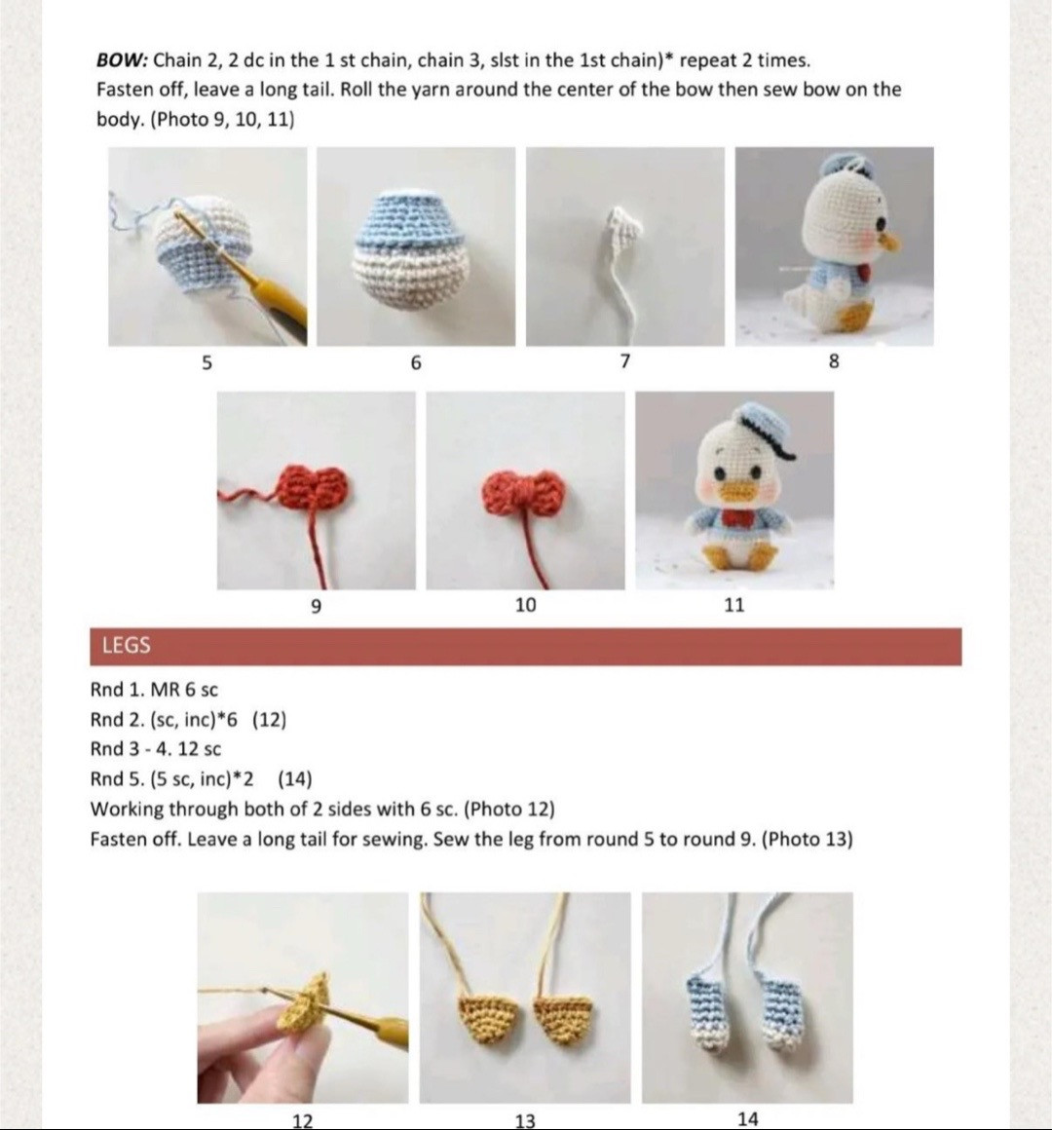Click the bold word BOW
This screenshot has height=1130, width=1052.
coord(121,60)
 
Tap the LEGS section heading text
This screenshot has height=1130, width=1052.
coord(126,646)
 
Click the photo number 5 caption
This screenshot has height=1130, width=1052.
coord(206,362)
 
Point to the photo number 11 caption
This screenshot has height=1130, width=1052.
coord(734,605)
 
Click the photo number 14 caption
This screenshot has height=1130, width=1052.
coord(747,1118)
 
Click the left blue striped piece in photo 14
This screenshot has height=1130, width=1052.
coord(705,1013)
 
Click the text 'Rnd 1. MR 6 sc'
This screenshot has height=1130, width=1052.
coord(154,691)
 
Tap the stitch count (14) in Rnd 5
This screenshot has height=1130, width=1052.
coord(294,779)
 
